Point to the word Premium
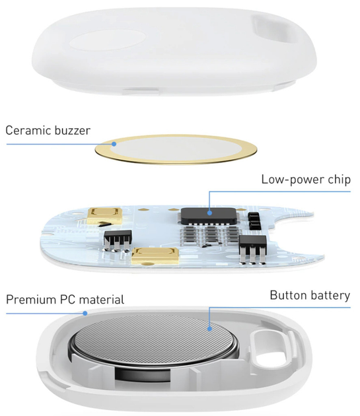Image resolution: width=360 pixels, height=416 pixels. coord(31,299)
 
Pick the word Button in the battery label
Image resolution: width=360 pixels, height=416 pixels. coord(289,295)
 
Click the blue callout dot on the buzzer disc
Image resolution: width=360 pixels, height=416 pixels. coord(114,143)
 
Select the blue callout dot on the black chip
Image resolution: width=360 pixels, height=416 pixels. coord(210,213)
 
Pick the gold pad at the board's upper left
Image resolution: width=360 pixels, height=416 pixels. coord(106,215)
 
